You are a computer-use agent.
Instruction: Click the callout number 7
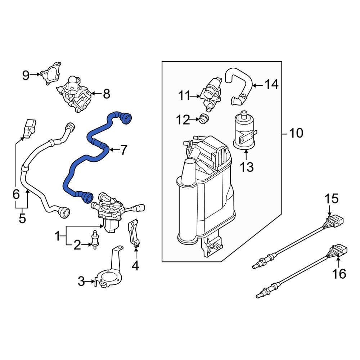(x=123, y=150)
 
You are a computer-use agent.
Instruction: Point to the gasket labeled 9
(x=50, y=73)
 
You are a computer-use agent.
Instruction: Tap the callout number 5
(x=22, y=218)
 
